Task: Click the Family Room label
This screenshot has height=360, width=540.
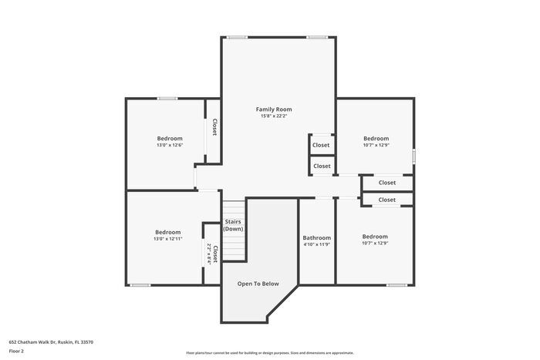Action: [x=274, y=109]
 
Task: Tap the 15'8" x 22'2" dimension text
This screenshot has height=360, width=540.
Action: [x=274, y=116]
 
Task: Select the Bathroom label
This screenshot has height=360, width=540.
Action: [x=316, y=237]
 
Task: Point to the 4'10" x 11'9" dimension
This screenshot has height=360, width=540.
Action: [x=316, y=244]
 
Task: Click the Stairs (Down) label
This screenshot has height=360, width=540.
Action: [x=234, y=225]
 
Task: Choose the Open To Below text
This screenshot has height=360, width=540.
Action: [x=258, y=284]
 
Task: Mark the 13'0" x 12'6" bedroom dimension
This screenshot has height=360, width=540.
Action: [x=170, y=145]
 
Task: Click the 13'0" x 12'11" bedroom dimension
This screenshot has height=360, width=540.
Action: [x=167, y=239]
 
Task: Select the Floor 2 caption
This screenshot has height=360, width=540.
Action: [x=17, y=351]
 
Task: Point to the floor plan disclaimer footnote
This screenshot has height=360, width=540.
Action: [x=270, y=352]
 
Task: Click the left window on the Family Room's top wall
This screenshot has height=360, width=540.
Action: [x=236, y=36]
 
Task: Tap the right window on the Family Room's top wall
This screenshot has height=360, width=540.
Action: [x=317, y=36]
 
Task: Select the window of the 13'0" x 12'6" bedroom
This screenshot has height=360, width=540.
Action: [x=167, y=98]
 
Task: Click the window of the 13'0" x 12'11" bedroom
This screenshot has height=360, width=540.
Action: [x=140, y=285]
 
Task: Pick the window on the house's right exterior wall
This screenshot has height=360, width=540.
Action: [x=413, y=156]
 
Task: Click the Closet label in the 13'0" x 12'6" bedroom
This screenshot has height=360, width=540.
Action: [x=214, y=127]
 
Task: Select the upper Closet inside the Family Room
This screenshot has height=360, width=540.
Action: [x=321, y=145]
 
